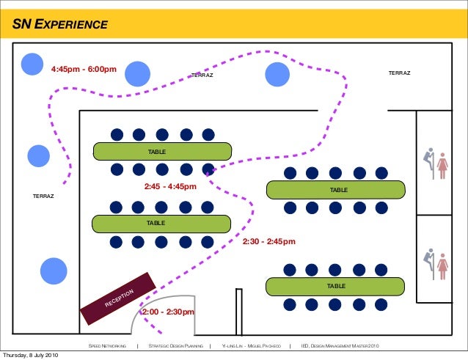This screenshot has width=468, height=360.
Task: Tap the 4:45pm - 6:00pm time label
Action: coord(84,70)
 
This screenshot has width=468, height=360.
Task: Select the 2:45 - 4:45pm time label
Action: coord(171,187)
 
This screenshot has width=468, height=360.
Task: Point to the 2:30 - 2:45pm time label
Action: coord(268,241)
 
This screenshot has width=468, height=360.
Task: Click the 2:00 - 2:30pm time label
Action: coord(168,312)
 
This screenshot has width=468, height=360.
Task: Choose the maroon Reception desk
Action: coord(118,298)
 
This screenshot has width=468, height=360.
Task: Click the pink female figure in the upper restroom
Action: coord(442,166)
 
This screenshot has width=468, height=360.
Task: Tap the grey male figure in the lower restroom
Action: coord(429,264)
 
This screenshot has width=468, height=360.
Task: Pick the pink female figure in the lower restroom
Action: coord(442,265)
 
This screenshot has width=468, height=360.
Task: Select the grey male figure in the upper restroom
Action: coord(429,164)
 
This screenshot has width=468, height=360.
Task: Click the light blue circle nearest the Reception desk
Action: coord(54,270)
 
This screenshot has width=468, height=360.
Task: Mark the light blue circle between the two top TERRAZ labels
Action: coord(277,73)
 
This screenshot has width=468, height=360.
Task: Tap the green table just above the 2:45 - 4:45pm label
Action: coord(162,151)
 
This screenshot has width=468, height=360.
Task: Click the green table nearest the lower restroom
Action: coord(335,285)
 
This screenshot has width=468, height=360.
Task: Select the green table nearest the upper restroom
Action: coord(335,190)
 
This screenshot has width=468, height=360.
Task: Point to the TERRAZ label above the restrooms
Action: coord(399,73)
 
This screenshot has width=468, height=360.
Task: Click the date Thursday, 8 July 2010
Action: coord(29,356)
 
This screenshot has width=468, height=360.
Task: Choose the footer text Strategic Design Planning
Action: coord(175,345)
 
